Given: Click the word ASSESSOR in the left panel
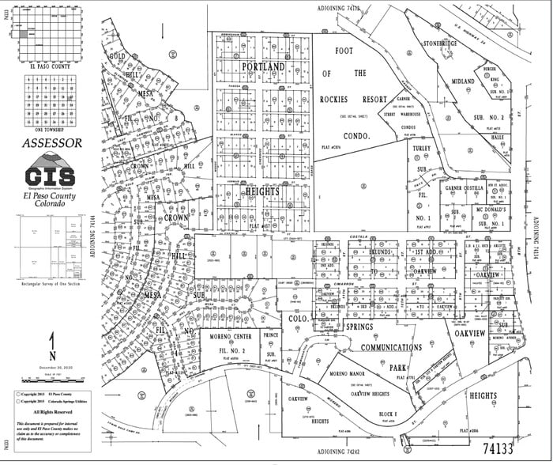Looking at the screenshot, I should click(51, 143).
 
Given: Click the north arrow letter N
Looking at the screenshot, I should click(51, 342).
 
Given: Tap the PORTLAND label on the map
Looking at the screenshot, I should click(263, 67).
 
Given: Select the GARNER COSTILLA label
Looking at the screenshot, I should click(464, 189).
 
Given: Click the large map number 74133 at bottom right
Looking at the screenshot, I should click(506, 447).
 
